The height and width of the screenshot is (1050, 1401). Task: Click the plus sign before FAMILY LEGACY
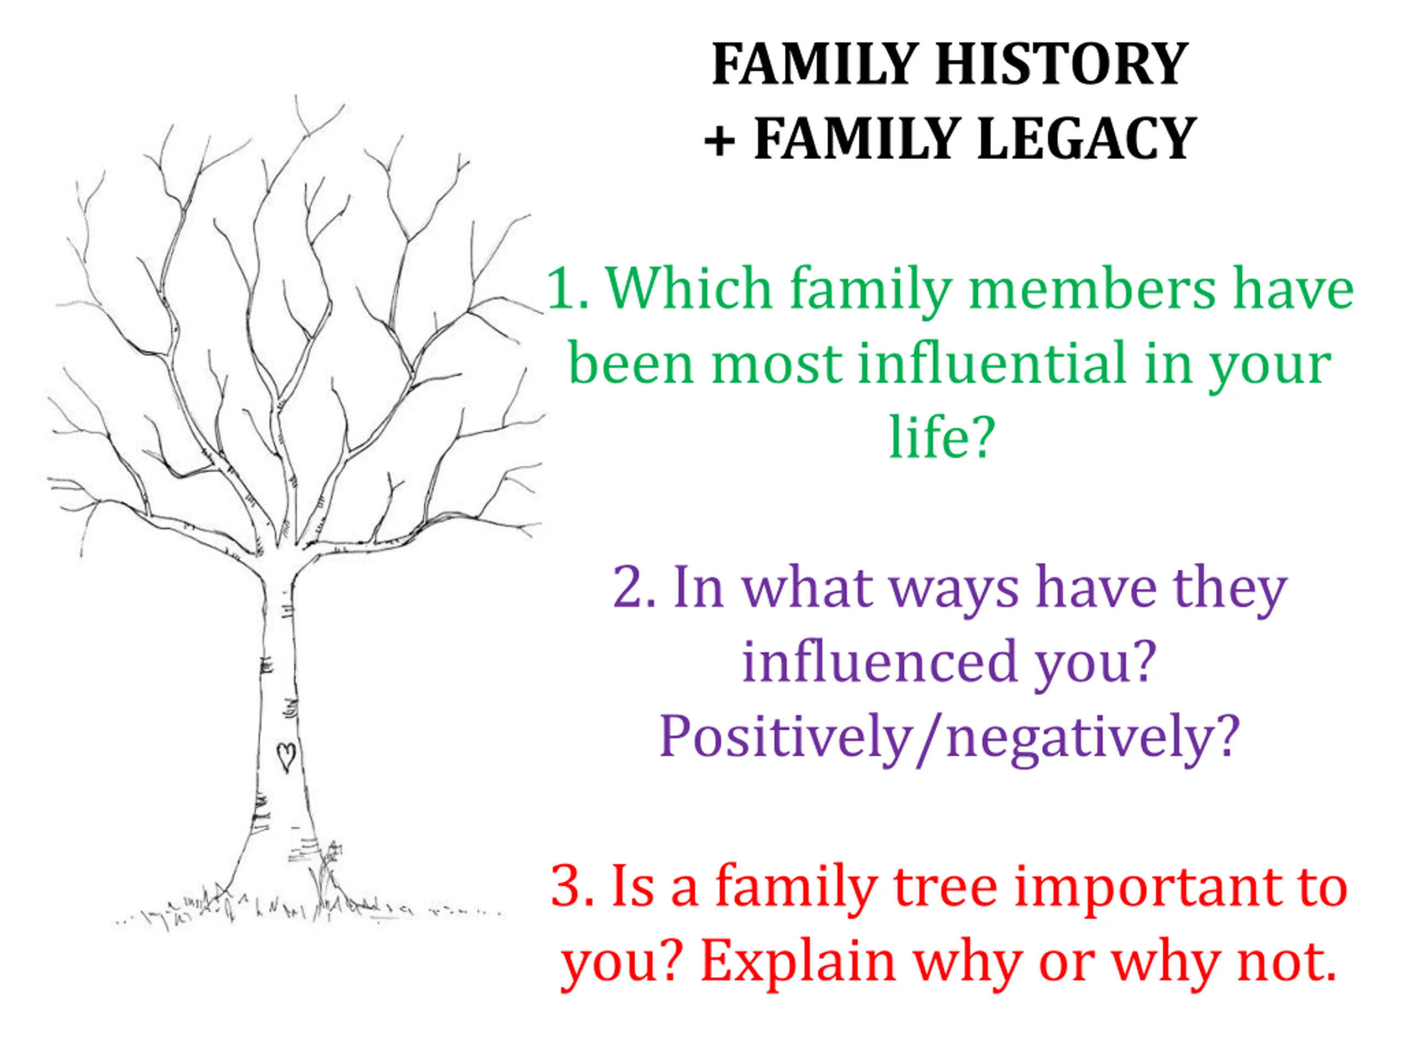720,141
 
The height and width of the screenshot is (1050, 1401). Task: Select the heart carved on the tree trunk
286,757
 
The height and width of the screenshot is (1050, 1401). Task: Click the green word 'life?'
942,437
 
